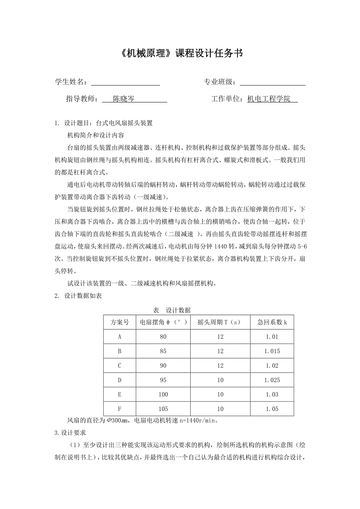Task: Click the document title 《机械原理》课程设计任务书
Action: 180,54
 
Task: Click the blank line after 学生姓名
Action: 125,82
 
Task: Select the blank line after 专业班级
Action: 272,82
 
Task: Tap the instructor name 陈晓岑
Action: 124,99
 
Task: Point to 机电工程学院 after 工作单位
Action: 269,99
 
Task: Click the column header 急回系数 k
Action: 272,323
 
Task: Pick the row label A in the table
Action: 119,337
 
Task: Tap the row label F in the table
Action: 119,409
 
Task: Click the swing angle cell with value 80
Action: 163,337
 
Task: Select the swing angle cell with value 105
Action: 163,409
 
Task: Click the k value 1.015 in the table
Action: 272,351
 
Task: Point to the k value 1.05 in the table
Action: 272,409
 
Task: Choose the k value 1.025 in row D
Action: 272,380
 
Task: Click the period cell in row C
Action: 221,366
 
